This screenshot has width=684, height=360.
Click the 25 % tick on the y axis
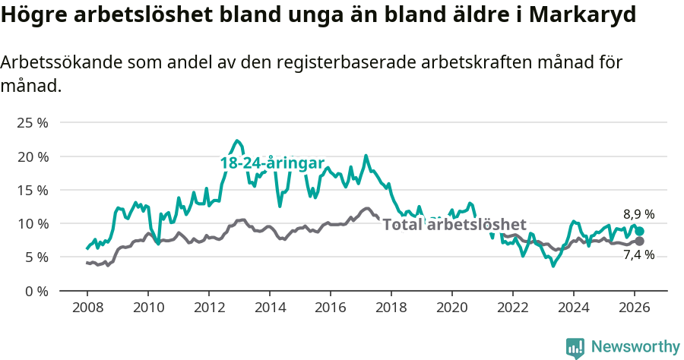pyautogui.click(x=33, y=123)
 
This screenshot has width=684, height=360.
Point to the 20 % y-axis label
pyautogui.click(x=33, y=156)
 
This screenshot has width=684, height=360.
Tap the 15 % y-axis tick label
pyautogui.click(x=33, y=190)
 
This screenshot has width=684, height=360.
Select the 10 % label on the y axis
pyautogui.click(x=33, y=223)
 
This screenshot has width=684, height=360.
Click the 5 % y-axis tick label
pyautogui.click(x=36, y=257)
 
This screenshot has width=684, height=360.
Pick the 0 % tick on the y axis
pyautogui.click(x=36, y=291)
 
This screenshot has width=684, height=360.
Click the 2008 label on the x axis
pyautogui.click(x=87, y=308)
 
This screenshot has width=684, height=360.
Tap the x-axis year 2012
pyautogui.click(x=209, y=308)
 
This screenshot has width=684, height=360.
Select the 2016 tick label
pyautogui.click(x=331, y=308)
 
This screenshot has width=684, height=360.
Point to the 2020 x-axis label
pyautogui.click(x=452, y=308)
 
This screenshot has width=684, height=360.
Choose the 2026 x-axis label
pyautogui.click(x=635, y=308)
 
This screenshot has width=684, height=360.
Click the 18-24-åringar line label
pyautogui.click(x=272, y=163)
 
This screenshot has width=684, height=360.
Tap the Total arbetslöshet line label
pyautogui.click(x=454, y=225)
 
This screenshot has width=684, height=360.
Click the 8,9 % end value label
pyautogui.click(x=638, y=215)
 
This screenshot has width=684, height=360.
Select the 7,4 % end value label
pyautogui.click(x=638, y=255)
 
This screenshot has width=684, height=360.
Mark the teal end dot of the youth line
pyautogui.click(x=639, y=232)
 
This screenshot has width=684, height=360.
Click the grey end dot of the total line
pyautogui.click(x=639, y=242)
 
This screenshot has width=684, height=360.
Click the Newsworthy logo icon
pyautogui.click(x=575, y=347)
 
